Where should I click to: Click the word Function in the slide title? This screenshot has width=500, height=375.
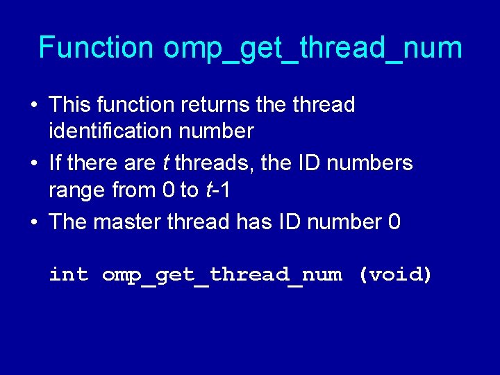(x=96, y=48)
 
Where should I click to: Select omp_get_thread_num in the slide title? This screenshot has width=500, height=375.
(x=312, y=49)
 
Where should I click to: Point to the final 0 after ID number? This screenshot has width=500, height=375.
(x=394, y=222)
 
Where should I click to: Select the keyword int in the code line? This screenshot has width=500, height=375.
(x=69, y=274)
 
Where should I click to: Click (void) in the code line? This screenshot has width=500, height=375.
(x=395, y=274)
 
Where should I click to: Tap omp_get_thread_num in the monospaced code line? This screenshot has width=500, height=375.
(x=222, y=275)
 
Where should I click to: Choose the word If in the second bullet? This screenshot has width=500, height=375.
(x=56, y=163)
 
